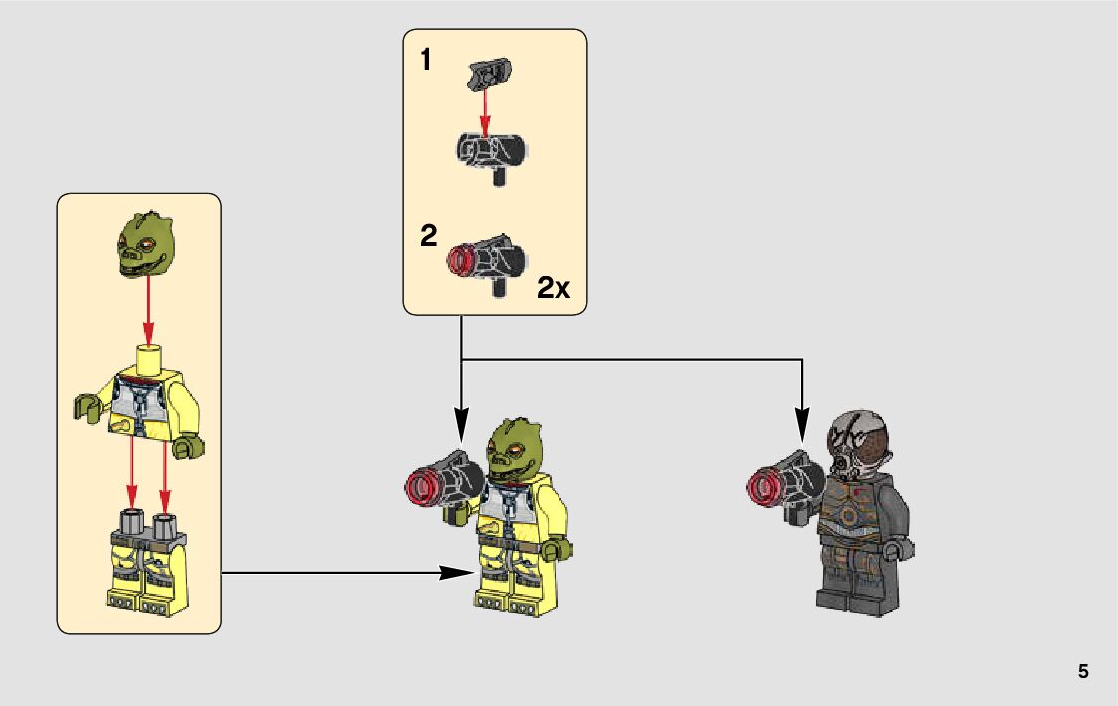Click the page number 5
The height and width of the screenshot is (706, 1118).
(1083, 672)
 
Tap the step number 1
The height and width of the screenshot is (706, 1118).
(426, 61)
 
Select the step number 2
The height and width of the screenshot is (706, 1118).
(429, 236)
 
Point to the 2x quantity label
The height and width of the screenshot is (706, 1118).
(554, 288)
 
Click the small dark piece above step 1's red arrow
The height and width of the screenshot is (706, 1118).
(486, 72)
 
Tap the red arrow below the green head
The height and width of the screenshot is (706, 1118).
(148, 309)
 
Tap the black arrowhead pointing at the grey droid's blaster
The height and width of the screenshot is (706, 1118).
(802, 429)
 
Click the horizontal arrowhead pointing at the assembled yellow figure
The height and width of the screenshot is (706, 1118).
(457, 573)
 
